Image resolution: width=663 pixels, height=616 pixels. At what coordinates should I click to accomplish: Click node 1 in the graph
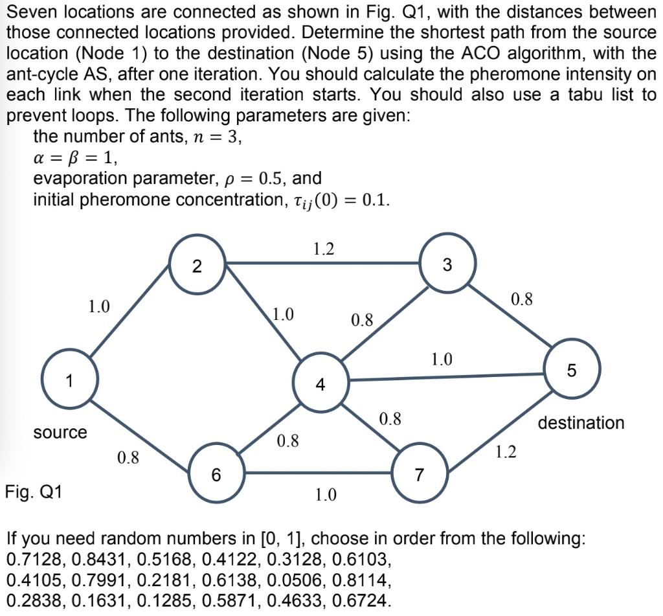pyautogui.click(x=69, y=380)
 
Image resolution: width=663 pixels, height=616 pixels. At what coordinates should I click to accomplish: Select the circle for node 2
pyautogui.click(x=197, y=266)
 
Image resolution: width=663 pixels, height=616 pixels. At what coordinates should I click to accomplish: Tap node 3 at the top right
pyautogui.click(x=447, y=264)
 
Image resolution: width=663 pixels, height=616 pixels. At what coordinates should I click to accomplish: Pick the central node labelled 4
pyautogui.click(x=320, y=384)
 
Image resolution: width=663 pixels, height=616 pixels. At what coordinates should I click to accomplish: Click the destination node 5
pyautogui.click(x=572, y=371)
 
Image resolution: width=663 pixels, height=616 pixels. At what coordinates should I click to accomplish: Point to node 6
pyautogui.click(x=216, y=475)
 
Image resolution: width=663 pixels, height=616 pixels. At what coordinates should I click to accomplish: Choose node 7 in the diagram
pyautogui.click(x=420, y=475)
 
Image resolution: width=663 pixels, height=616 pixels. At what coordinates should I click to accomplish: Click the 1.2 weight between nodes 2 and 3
pyautogui.click(x=324, y=248)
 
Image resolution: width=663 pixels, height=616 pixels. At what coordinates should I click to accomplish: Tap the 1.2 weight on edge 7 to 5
pyautogui.click(x=506, y=451)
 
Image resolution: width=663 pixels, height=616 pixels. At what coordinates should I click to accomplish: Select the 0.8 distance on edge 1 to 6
pyautogui.click(x=128, y=458)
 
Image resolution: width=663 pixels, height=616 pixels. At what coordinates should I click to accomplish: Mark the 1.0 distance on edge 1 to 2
pyautogui.click(x=99, y=306)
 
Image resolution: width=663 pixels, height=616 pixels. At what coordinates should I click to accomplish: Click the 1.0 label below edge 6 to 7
pyautogui.click(x=325, y=496)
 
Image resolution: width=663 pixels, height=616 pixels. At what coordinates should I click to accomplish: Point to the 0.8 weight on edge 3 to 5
pyautogui.click(x=522, y=299)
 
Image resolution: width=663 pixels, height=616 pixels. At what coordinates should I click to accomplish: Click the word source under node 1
pyautogui.click(x=60, y=432)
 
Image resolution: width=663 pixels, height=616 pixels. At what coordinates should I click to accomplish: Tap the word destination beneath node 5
pyautogui.click(x=581, y=423)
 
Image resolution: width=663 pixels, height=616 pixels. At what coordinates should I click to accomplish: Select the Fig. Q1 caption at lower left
pyautogui.click(x=34, y=492)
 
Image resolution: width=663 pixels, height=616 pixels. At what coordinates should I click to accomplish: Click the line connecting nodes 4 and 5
pyautogui.click(x=447, y=377)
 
